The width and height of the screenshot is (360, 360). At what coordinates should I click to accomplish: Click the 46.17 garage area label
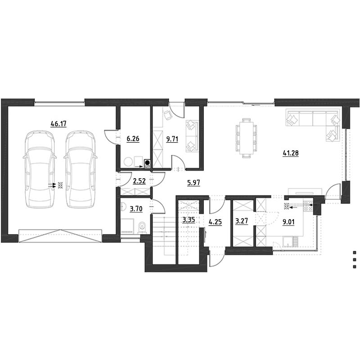point(58,124)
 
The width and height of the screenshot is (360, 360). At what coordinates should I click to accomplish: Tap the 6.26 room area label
point(133,139)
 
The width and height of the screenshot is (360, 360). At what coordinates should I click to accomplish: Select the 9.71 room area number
point(172,139)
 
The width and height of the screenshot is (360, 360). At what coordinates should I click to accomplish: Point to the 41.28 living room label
point(291,153)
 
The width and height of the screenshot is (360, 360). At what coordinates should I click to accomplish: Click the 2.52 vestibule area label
point(139,181)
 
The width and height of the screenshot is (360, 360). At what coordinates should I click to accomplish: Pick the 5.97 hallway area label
point(193,183)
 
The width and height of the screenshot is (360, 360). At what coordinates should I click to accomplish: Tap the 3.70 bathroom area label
point(136,209)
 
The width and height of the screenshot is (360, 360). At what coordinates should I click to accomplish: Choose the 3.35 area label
point(189,220)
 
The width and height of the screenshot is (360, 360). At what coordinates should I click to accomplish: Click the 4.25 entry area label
point(216,222)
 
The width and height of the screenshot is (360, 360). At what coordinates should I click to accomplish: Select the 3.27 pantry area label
point(242,221)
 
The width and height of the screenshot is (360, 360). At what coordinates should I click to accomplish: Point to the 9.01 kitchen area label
point(288,222)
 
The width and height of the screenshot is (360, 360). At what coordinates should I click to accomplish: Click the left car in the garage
point(40,169)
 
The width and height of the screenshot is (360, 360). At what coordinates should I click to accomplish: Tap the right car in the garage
point(81,169)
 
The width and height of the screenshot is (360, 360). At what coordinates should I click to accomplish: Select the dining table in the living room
point(246,138)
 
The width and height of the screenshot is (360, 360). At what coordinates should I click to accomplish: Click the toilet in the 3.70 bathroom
point(142,228)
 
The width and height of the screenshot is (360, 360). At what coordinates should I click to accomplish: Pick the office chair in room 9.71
point(168,115)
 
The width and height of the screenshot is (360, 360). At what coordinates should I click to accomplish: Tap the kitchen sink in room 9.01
point(288,242)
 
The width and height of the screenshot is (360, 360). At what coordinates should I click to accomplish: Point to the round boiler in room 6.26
point(128,162)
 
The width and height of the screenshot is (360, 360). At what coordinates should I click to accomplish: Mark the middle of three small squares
point(355,260)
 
